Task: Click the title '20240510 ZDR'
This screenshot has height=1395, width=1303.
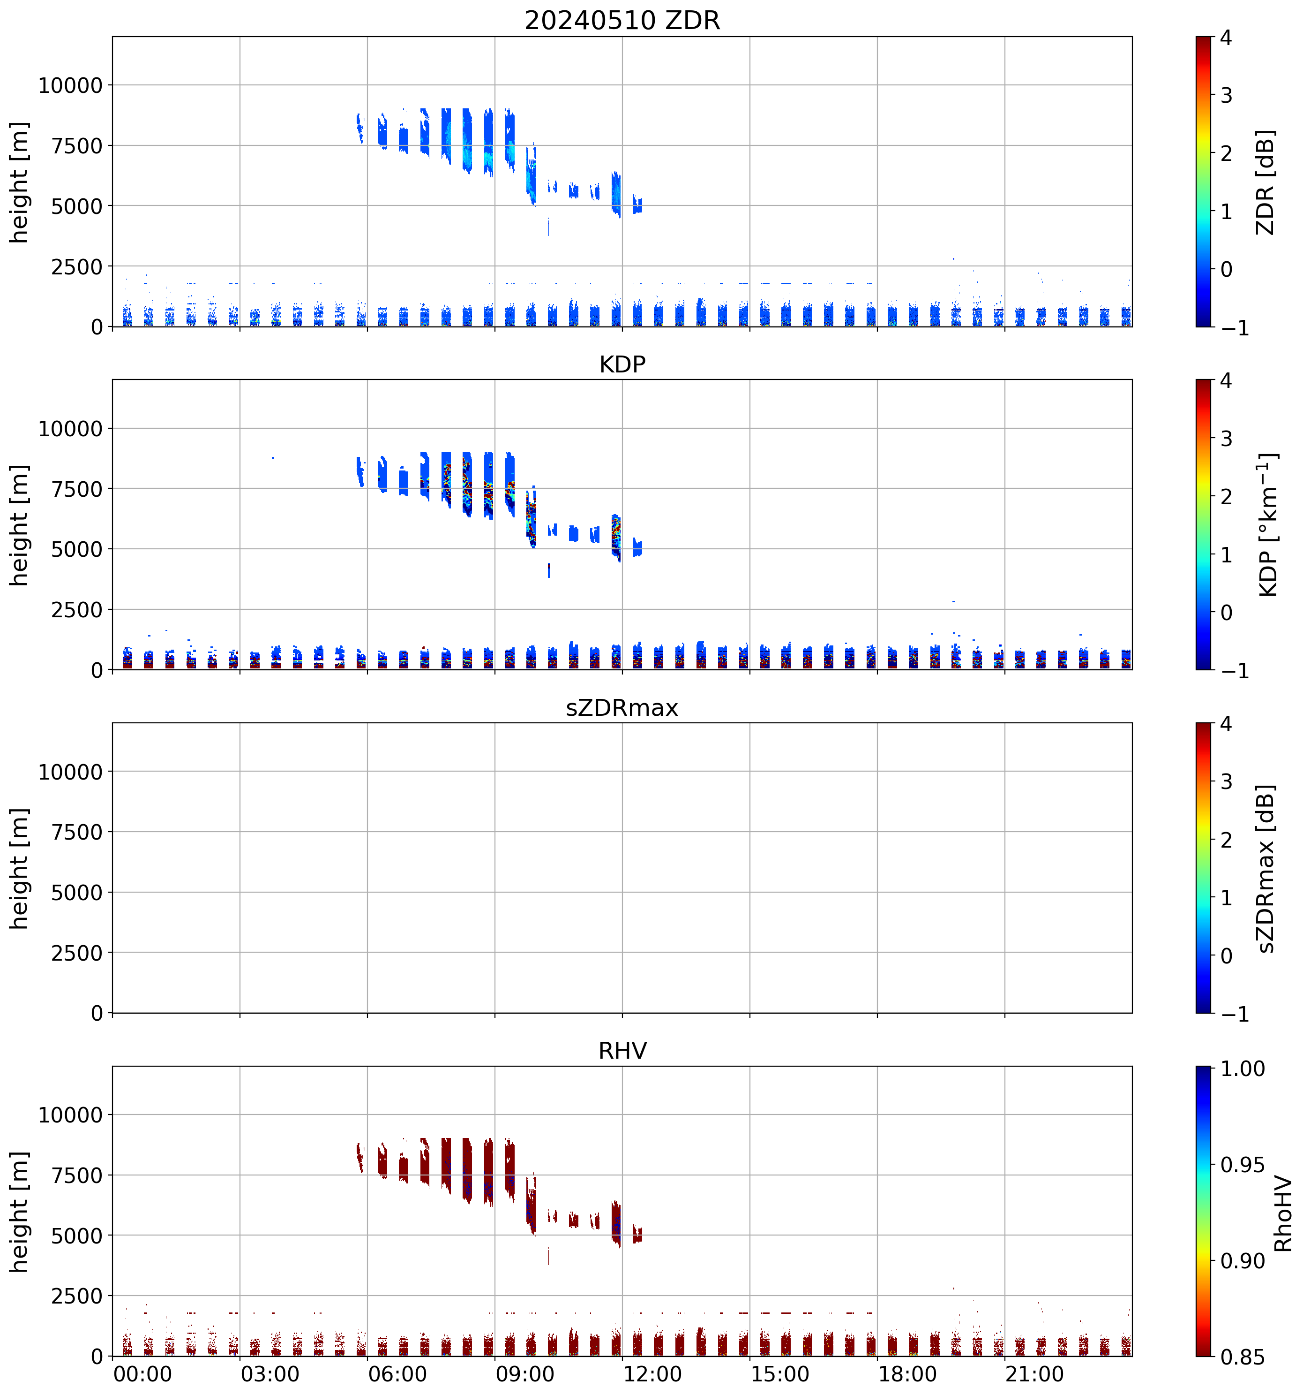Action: pos(622,20)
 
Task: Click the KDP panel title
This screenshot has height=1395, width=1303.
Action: pos(622,364)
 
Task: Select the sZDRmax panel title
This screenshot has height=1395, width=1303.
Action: pos(622,707)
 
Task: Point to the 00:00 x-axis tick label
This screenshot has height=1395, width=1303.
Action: pos(142,1374)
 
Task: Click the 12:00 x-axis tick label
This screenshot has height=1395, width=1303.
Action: pos(652,1374)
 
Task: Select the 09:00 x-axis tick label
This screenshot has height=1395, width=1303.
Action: pos(524,1374)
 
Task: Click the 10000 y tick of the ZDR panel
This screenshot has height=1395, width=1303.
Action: pos(70,86)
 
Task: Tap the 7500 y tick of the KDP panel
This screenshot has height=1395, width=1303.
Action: pos(77,489)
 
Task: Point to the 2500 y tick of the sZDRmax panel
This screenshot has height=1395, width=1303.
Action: pos(77,953)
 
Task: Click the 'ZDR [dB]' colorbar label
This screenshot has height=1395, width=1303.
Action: pos(1265,182)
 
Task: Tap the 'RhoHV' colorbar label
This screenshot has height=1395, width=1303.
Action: pos(1283,1213)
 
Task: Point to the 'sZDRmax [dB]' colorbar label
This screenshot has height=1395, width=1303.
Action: pos(1265,868)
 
